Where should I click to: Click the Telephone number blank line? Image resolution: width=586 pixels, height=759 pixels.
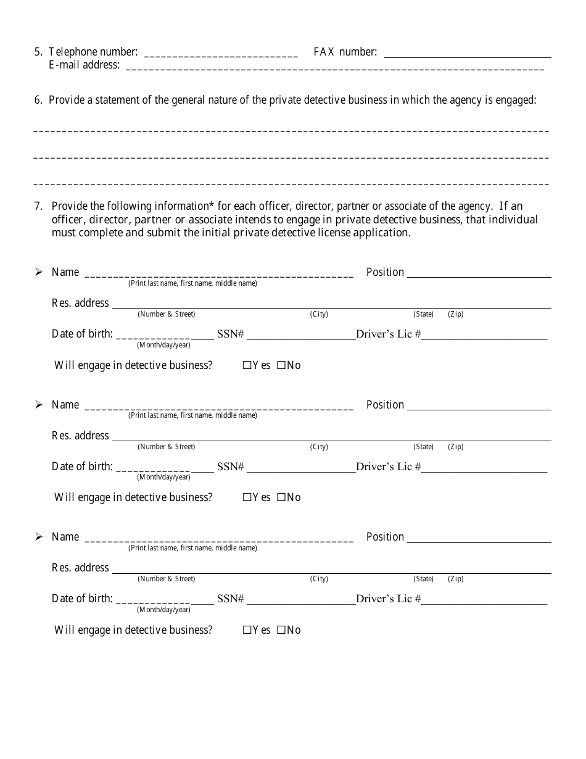pyautogui.click(x=220, y=55)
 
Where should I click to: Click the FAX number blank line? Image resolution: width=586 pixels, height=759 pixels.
pyautogui.click(x=467, y=55)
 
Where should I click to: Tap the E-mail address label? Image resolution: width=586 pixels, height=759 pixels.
pyautogui.click(x=84, y=65)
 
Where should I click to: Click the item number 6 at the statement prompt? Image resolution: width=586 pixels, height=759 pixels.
pyautogui.click(x=38, y=100)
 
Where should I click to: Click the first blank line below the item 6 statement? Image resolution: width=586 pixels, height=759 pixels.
pyautogui.click(x=291, y=131)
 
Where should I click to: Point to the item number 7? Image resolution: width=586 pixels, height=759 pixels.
pyautogui.click(x=38, y=206)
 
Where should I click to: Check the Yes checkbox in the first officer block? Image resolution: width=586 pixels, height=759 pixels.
pyautogui.click(x=247, y=365)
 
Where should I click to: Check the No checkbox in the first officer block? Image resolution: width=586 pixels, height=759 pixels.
pyautogui.click(x=281, y=365)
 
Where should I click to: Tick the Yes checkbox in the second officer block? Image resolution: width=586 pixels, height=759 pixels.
pyautogui.click(x=247, y=497)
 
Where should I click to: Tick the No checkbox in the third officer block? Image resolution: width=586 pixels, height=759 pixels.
pyautogui.click(x=281, y=630)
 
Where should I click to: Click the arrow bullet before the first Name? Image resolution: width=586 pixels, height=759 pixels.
pyautogui.click(x=39, y=272)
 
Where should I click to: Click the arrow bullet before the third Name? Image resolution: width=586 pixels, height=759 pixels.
pyautogui.click(x=39, y=537)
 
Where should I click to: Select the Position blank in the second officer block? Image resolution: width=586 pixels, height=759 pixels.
pyautogui.click(x=479, y=407)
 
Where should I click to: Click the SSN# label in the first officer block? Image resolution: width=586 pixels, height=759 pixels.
pyautogui.click(x=230, y=334)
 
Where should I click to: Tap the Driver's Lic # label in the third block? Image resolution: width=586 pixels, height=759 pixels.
pyautogui.click(x=388, y=599)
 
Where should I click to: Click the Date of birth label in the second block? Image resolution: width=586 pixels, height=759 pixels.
pyautogui.click(x=82, y=467)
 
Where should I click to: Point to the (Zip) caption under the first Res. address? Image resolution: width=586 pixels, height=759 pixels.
pyautogui.click(x=455, y=314)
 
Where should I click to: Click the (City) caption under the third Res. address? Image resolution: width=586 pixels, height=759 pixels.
pyautogui.click(x=319, y=579)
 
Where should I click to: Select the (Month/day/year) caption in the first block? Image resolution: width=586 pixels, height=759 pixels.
pyautogui.click(x=163, y=344)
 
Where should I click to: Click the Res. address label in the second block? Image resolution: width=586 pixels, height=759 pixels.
pyautogui.click(x=80, y=436)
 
